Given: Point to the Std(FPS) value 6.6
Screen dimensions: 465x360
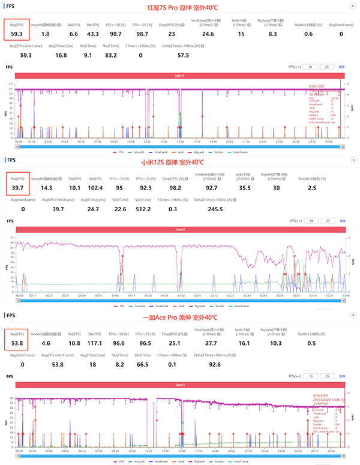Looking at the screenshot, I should pos(73,35).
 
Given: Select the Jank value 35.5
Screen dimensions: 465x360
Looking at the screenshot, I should pos(241,188).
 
